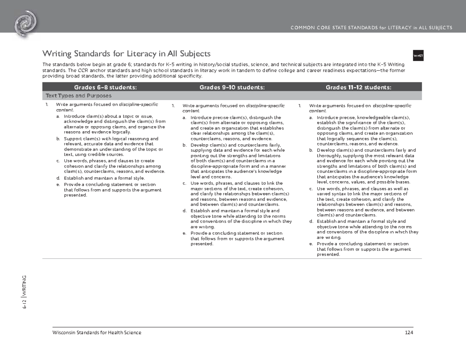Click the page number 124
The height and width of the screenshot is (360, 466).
[x=409, y=333]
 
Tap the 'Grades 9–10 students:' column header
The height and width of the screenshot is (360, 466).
[x=232, y=87]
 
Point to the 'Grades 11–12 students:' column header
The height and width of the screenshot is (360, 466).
[x=359, y=87]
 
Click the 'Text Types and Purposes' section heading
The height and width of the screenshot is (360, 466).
[x=78, y=96]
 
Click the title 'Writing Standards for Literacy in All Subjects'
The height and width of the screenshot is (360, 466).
[x=126, y=53]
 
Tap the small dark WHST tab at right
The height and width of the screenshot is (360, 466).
[x=418, y=56]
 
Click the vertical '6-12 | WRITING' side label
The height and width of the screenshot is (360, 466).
[x=24, y=292]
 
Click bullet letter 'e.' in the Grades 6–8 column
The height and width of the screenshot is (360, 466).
[x=58, y=184]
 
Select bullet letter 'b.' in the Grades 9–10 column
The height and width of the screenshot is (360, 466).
[x=184, y=145]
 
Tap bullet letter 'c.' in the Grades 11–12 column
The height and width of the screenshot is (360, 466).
[x=311, y=189]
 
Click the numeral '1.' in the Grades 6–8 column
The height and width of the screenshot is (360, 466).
[x=47, y=105]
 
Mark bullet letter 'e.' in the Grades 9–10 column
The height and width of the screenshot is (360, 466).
[x=184, y=233]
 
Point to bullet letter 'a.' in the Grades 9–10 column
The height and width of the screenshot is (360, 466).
[x=184, y=117]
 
